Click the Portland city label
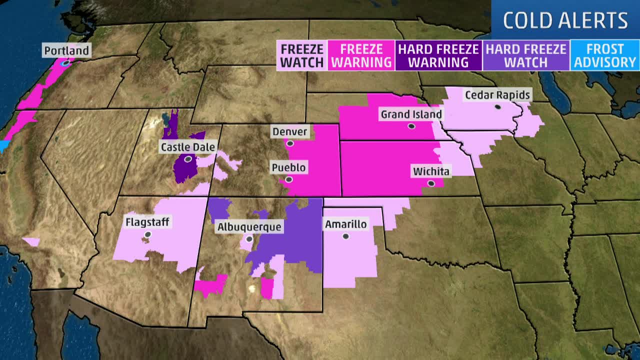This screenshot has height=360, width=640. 66,50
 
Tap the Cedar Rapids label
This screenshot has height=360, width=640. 497,95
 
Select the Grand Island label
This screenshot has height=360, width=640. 411,114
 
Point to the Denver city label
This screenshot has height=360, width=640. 290,132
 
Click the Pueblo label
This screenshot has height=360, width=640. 288,167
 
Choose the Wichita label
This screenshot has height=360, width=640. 431,171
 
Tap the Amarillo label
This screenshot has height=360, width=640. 346,224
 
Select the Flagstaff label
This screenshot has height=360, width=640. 147,222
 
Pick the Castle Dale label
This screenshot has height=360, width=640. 187,147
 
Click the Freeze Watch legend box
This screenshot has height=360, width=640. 302,55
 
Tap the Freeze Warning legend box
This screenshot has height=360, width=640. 361,55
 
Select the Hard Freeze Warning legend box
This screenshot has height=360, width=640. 438,55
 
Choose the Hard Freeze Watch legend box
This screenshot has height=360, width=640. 526,55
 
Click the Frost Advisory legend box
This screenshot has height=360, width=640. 605,55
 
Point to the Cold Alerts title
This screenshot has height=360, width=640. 565,20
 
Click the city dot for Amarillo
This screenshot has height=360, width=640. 345,236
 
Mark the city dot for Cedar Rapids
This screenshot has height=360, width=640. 498,106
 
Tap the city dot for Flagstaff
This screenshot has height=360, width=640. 147,234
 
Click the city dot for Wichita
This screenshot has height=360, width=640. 431,183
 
